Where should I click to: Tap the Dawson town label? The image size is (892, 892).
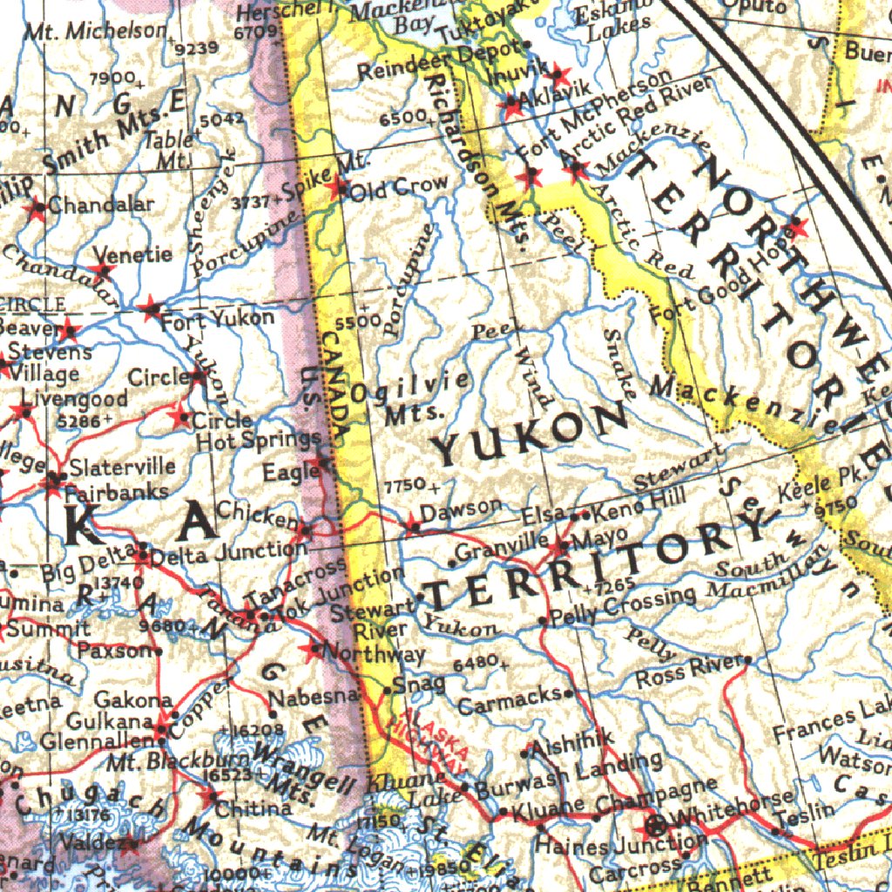(x=461, y=507)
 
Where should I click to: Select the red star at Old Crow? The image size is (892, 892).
(x=337, y=187)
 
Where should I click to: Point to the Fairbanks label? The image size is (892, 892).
(x=117, y=491)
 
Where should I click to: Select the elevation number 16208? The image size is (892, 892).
(x=253, y=729)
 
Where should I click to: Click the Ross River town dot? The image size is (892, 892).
(x=747, y=659)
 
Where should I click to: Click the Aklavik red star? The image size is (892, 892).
(x=511, y=106)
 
